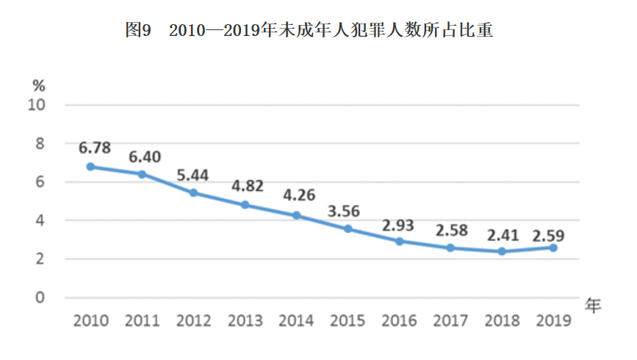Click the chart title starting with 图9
coord(309,30)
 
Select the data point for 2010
coord(90,167)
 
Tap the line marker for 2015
coord(348,229)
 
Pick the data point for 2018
coord(502,251)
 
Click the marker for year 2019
coord(553,248)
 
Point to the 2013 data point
coord(245,205)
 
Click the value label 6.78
coord(95,148)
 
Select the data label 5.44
coord(192,176)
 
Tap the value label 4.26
coord(299,195)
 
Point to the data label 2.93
coord(397,226)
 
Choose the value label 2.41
coord(503,236)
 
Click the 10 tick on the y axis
coord(36,105)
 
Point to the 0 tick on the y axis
coord(40,298)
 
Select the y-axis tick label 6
coord(40,182)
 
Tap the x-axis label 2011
coord(143,321)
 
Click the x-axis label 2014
coord(296,321)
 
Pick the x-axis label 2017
coord(450,321)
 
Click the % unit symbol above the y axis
coord(39,86)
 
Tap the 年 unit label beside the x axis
coord(593,305)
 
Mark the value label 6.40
coord(145,157)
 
